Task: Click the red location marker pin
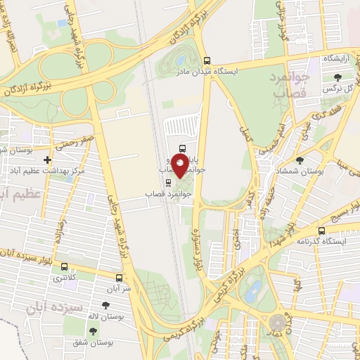tap(180, 165)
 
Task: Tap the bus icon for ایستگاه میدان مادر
tap(206, 61)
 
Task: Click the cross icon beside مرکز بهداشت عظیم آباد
tap(47, 160)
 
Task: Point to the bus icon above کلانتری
tap(65, 267)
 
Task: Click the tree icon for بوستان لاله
tap(105, 305)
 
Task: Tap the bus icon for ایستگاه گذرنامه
tap(321, 230)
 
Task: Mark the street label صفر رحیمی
tap(78, 141)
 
